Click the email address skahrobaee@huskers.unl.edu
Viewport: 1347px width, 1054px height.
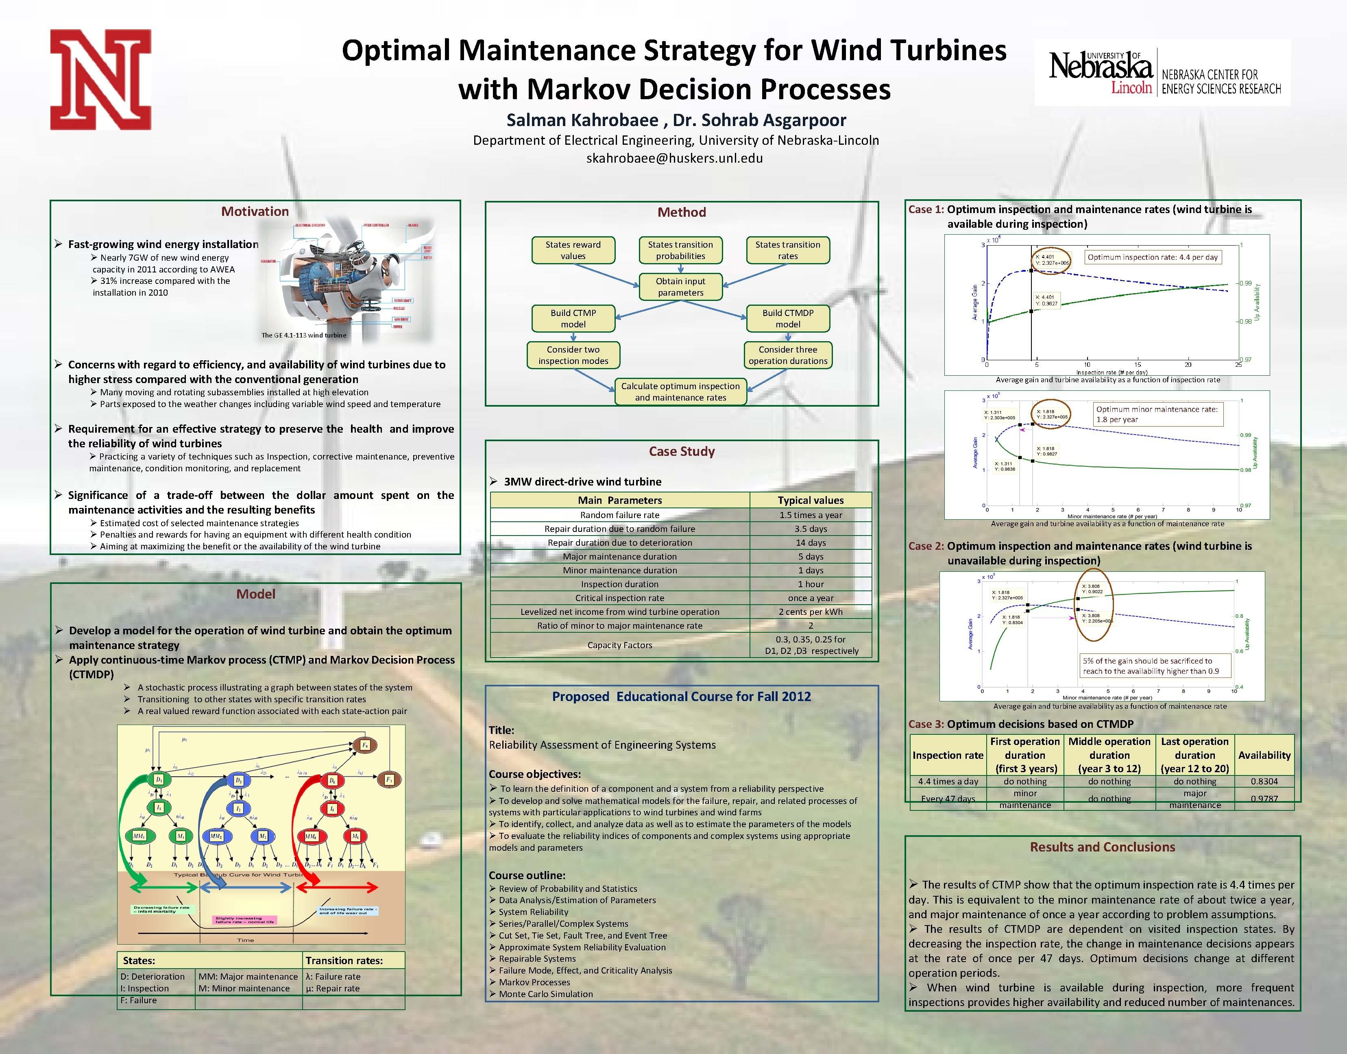(674, 158)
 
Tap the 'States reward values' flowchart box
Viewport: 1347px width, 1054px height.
(573, 250)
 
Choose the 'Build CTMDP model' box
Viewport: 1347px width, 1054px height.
(787, 318)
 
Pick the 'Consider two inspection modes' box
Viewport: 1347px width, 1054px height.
(573, 355)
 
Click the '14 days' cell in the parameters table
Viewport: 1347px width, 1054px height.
(810, 542)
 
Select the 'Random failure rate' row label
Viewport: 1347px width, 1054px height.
(619, 515)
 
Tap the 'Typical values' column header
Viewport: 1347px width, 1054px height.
(810, 500)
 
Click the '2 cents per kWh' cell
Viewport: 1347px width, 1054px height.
(810, 612)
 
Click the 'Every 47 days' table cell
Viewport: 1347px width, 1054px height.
(948, 799)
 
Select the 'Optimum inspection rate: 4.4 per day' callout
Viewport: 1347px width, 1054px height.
(1153, 257)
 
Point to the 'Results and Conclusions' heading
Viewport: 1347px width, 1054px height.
(1102, 847)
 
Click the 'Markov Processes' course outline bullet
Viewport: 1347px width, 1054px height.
(534, 982)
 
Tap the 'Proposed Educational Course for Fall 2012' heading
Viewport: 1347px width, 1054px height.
(681, 697)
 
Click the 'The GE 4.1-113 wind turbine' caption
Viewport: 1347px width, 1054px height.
(303, 335)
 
